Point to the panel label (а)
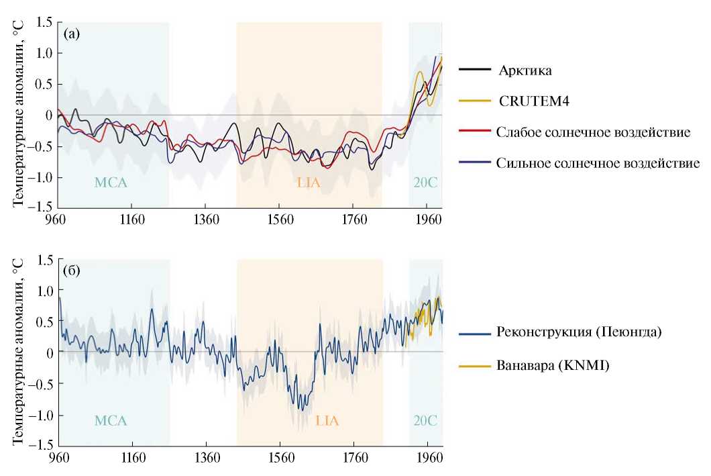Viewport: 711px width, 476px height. point(72,33)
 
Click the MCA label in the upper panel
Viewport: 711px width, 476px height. point(111,182)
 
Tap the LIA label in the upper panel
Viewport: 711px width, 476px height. point(309,182)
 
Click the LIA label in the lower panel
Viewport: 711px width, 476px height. point(328,421)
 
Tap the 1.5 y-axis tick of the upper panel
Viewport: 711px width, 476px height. point(44,23)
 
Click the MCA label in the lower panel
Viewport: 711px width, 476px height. point(111,421)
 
